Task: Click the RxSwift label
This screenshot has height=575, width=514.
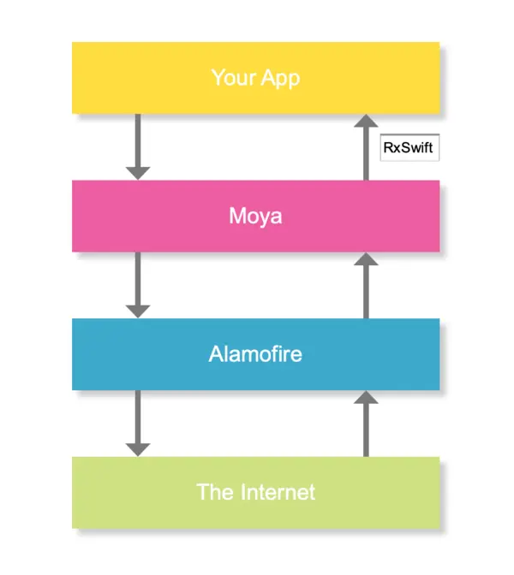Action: coord(409,148)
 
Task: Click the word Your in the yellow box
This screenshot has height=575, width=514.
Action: coord(232,78)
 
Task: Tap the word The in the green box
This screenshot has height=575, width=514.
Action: coord(214,492)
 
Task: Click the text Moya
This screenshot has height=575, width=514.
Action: coord(255,216)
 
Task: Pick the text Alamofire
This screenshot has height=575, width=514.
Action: coord(255,353)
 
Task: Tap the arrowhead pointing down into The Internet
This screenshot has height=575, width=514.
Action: coord(137,448)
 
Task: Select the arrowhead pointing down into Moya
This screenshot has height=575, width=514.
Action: coord(137,172)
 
